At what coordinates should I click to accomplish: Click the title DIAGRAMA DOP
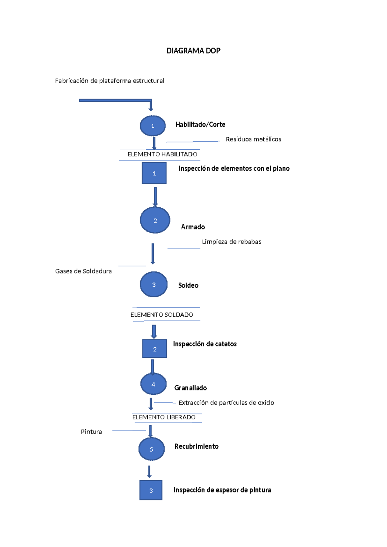(x=193, y=51)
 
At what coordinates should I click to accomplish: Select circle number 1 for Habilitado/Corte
(x=153, y=126)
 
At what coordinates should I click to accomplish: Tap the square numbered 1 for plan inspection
(x=154, y=173)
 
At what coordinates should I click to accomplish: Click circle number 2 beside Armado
(x=155, y=220)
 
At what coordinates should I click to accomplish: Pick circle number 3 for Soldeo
(x=154, y=284)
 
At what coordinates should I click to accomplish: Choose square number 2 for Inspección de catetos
(x=154, y=349)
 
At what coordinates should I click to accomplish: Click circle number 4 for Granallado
(x=153, y=384)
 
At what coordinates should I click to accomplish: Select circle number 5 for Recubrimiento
(x=151, y=449)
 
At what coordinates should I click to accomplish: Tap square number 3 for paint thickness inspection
(x=151, y=490)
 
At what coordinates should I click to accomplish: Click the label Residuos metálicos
(x=253, y=139)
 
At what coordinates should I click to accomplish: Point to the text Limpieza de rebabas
(x=231, y=242)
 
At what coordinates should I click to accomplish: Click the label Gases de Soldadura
(x=83, y=271)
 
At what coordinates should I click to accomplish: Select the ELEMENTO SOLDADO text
(x=162, y=314)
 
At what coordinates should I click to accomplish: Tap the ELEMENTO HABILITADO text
(x=162, y=154)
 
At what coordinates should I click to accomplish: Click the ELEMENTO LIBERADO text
(x=164, y=417)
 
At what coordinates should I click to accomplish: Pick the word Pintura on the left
(x=91, y=432)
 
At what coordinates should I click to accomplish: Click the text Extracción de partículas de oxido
(x=226, y=403)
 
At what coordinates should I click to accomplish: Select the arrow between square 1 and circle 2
(x=155, y=196)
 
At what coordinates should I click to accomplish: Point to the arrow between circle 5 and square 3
(x=149, y=471)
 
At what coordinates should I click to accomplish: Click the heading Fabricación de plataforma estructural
(x=109, y=81)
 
